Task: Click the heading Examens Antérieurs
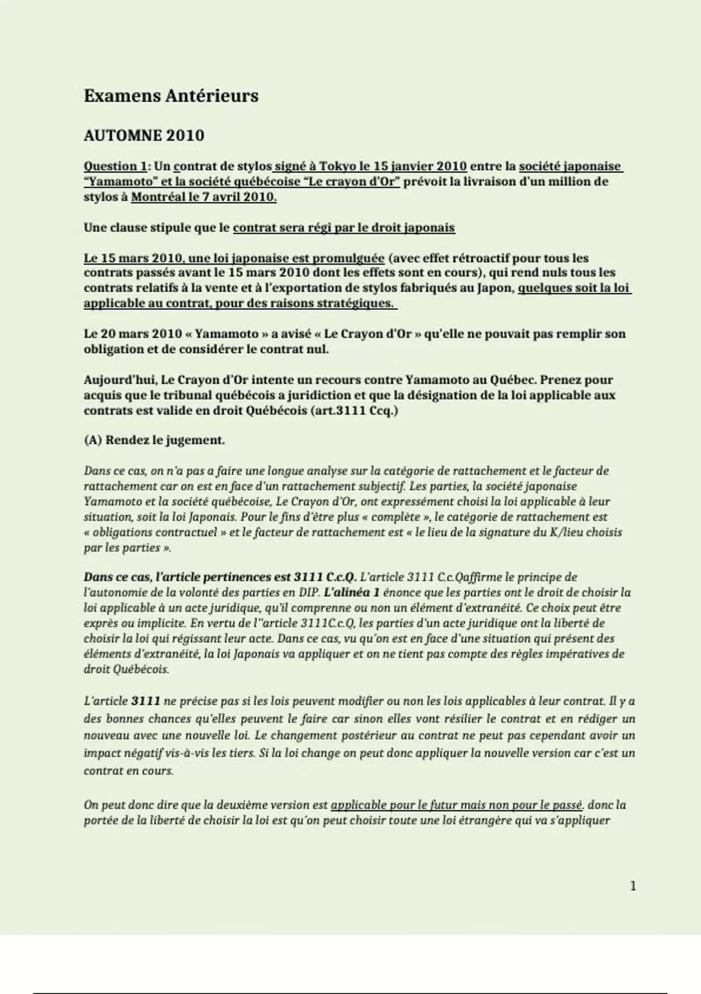click(171, 96)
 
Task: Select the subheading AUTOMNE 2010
click(144, 136)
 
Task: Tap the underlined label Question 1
click(114, 167)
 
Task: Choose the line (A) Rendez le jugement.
click(154, 440)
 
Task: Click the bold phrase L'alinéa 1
click(352, 592)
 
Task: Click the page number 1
click(633, 886)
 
